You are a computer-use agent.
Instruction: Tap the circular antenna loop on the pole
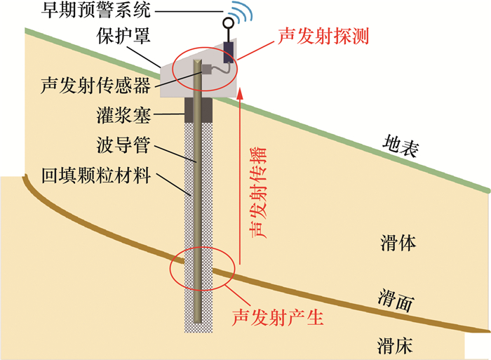[228, 22]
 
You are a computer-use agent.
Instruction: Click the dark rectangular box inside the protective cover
[229, 53]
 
